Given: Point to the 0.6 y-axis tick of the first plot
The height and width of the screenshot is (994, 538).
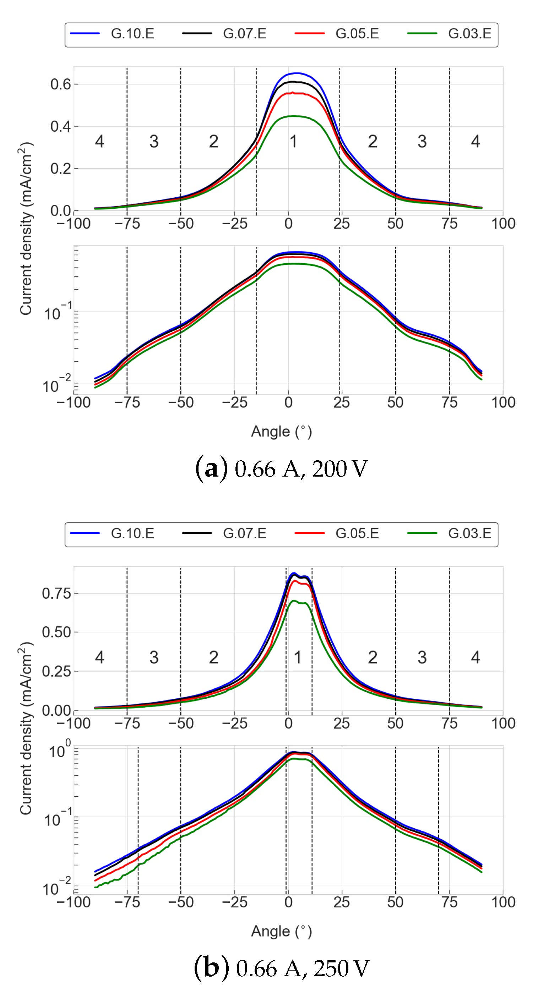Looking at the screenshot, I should tap(61, 84).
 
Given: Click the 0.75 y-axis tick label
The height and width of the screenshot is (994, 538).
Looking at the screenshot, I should tap(56, 593).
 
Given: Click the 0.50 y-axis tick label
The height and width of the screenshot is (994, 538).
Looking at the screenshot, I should tap(56, 632).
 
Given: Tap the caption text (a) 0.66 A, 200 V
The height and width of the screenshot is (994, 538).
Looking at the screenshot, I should tap(282, 469).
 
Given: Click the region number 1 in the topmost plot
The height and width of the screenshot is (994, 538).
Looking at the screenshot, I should tap(294, 142).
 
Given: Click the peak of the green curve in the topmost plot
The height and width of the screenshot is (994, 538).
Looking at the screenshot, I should tap(294, 116).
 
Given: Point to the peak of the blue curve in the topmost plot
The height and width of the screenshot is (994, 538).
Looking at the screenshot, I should tap(297, 73).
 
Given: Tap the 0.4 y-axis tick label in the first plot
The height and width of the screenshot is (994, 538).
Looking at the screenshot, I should tap(61, 126).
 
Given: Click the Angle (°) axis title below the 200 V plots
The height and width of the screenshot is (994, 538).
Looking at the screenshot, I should tap(282, 432).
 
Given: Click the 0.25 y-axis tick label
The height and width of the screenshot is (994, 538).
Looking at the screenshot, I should tap(56, 671).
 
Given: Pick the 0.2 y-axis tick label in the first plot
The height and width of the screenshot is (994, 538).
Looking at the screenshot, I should tap(61, 169).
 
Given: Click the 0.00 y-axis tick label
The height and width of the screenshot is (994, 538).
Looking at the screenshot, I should tap(56, 711).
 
